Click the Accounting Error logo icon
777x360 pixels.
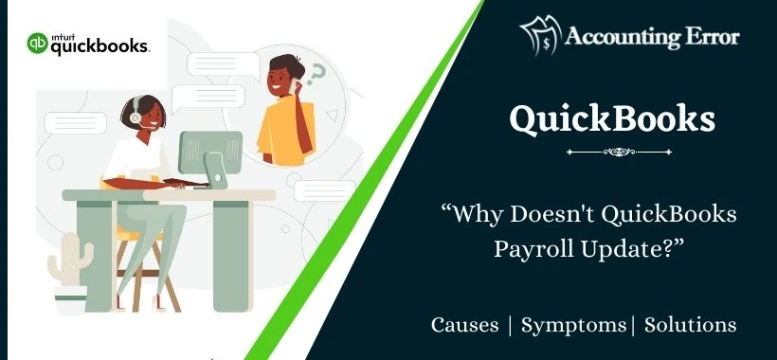(540, 36)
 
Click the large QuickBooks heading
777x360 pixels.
(612, 119)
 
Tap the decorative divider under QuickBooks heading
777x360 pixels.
(612, 151)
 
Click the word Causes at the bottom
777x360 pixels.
(464, 325)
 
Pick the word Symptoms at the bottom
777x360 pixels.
(574, 325)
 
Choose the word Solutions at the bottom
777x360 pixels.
(690, 325)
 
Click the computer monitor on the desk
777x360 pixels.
(209, 152)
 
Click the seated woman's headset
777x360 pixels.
(136, 114)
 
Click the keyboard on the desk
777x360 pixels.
(174, 183)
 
